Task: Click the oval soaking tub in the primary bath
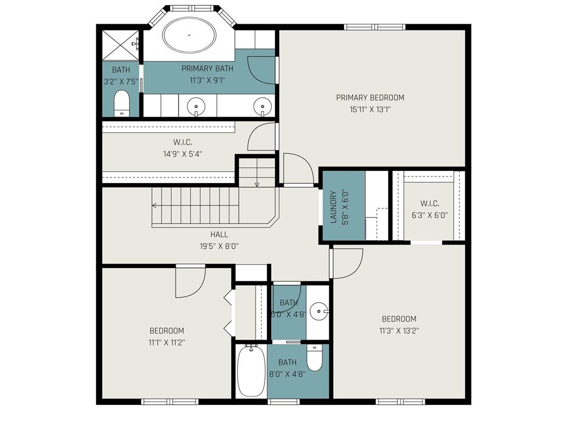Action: [190, 35]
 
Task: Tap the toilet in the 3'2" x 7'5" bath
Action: [121, 103]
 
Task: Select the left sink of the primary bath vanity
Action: [195, 105]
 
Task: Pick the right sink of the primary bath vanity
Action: [263, 105]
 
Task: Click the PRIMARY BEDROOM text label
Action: [370, 98]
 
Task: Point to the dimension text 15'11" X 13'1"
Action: [370, 109]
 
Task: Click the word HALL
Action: [219, 235]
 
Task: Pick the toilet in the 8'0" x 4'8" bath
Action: [314, 358]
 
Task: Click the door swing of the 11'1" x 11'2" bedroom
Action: [189, 281]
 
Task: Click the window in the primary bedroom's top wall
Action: [375, 26]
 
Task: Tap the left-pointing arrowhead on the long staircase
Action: [155, 206]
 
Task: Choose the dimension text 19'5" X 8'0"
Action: [219, 246]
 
